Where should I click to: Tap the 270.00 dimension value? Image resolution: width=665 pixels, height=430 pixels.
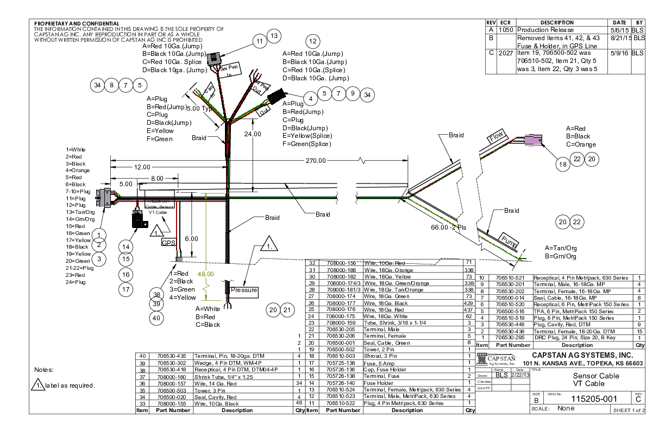315,160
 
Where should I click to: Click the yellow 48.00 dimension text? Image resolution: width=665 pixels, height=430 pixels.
206,274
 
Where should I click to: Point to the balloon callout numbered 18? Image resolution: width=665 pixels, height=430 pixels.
564,165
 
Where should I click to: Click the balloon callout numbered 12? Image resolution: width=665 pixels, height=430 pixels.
312,41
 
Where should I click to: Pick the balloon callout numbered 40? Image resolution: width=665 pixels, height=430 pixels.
157,318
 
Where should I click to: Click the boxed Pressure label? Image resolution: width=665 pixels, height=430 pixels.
243,290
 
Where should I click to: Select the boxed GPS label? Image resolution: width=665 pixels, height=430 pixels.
168,243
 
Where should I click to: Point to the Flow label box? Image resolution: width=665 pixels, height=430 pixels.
497,138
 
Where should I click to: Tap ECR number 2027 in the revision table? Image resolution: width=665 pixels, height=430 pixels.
506,53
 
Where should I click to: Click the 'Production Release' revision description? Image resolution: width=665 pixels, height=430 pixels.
545,30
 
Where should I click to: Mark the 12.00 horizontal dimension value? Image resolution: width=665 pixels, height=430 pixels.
143,167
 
